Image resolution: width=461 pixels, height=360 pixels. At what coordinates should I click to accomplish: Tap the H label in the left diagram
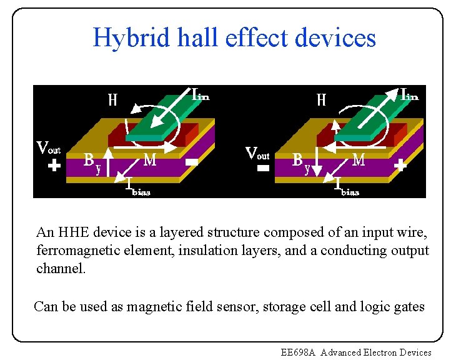coord(112,100)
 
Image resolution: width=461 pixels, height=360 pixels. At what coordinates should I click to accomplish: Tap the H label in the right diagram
coord(321,100)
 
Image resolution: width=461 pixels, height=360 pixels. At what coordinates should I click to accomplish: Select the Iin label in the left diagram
coord(200,94)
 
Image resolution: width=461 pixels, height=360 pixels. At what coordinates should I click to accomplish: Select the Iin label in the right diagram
coord(409,94)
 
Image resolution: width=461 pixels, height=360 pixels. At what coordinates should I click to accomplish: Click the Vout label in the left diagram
coord(48,148)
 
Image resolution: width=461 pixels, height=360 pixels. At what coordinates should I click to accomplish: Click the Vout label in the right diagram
coord(257,152)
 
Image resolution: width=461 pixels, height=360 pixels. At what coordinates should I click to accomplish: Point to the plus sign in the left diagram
coord(54,166)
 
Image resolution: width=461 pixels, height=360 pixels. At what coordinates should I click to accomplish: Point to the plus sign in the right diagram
coord(400,166)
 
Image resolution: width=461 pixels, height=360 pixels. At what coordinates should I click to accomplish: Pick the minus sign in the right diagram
coord(263,169)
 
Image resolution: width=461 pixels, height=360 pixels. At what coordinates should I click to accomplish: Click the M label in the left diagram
coord(150,161)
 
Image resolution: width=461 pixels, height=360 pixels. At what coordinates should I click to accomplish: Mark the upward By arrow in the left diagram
coord(109,161)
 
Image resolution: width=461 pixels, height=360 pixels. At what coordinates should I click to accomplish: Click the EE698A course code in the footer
coord(299,352)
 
